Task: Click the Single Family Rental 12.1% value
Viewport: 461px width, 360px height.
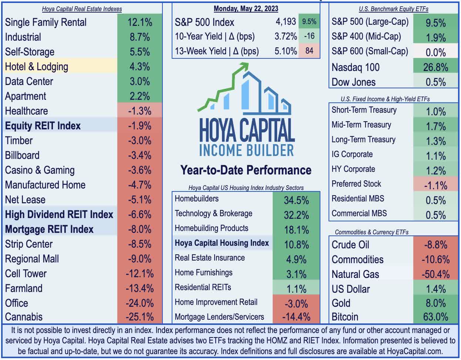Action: [139, 22]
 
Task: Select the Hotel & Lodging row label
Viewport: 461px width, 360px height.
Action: [37, 67]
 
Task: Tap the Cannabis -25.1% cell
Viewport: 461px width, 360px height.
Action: [139, 317]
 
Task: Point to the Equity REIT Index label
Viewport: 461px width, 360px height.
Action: [43, 126]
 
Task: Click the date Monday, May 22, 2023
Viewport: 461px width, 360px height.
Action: [246, 9]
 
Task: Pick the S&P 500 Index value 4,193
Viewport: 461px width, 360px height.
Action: [286, 22]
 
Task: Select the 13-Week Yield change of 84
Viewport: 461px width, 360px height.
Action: [309, 51]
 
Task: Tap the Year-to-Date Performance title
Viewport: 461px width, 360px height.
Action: [246, 170]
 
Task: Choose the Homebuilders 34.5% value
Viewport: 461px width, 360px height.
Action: [296, 200]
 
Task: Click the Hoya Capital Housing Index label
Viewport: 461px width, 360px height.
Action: [222, 243]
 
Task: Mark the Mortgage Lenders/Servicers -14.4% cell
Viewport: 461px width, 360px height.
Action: [296, 317]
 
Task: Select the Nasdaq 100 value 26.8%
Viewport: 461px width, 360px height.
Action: [435, 67]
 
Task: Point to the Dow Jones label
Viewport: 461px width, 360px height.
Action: [353, 82]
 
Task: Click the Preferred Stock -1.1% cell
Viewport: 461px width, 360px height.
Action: [435, 185]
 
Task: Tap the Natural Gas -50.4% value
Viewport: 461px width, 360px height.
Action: [435, 274]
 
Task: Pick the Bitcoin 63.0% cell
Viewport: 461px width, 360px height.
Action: [435, 317]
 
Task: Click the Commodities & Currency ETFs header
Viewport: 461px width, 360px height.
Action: [371, 232]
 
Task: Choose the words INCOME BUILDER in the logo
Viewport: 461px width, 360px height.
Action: [246, 150]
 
